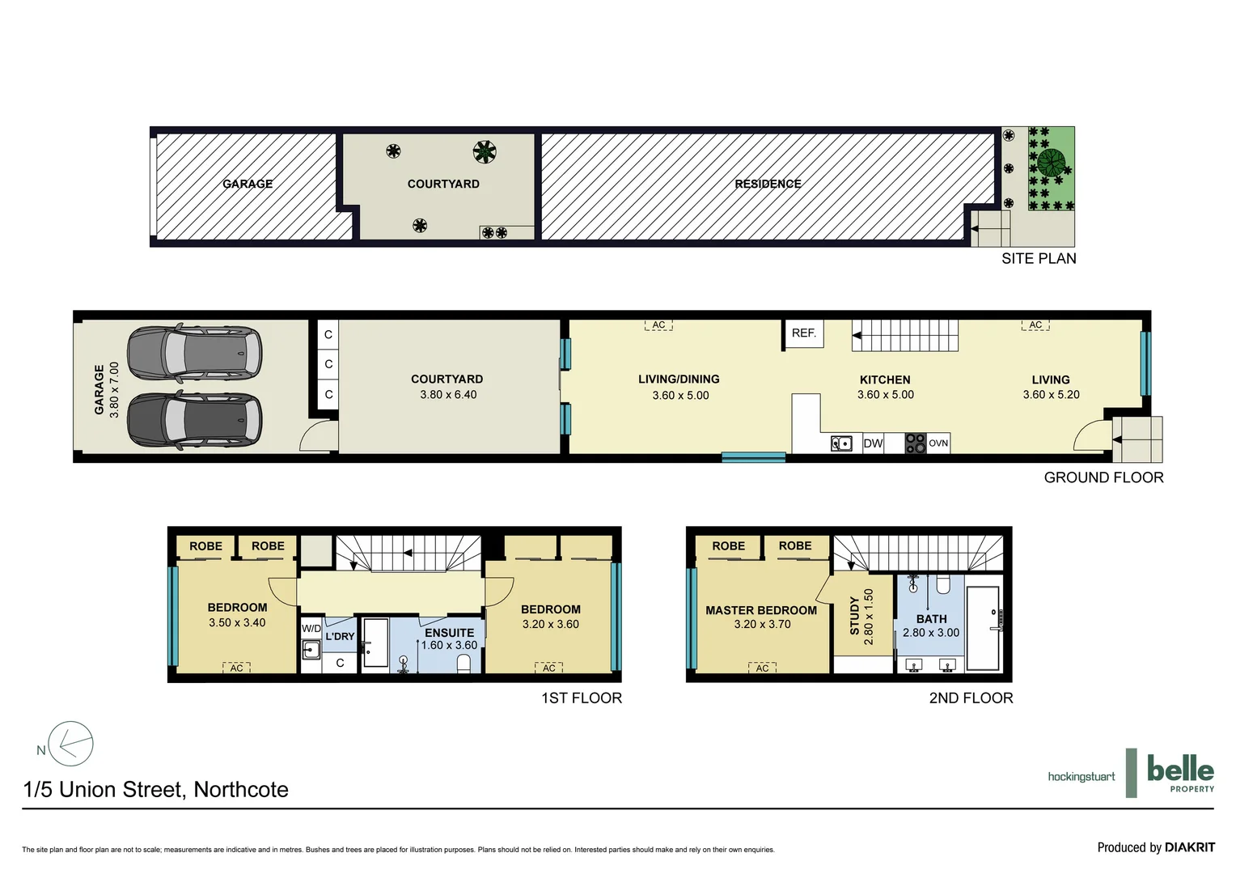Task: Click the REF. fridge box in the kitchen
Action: click(x=804, y=333)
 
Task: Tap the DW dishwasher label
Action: click(x=873, y=443)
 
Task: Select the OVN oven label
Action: click(x=938, y=443)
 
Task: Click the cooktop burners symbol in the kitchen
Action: click(x=915, y=443)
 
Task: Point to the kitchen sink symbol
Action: click(x=841, y=443)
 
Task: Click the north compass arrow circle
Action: click(x=71, y=745)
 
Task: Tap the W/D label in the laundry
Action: click(x=311, y=629)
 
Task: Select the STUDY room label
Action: click(x=854, y=615)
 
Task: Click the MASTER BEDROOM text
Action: click(x=761, y=610)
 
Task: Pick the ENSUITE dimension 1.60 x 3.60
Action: click(x=449, y=646)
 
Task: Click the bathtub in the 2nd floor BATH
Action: click(x=983, y=628)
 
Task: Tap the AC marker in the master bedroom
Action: click(x=762, y=668)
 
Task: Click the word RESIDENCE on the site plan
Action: click(x=768, y=185)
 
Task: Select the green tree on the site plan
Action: click(x=1051, y=163)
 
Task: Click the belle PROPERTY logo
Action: click(x=1180, y=774)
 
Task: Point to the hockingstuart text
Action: click(x=1081, y=777)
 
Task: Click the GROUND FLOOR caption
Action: click(x=1103, y=478)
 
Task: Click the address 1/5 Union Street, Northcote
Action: click(x=156, y=790)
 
